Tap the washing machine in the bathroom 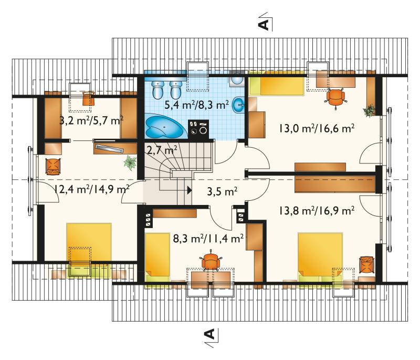point(198,129)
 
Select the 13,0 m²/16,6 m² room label point(317,128)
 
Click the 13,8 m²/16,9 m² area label point(317,211)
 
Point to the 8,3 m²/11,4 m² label point(208,238)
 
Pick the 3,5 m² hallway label point(222,192)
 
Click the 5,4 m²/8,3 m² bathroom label point(196,105)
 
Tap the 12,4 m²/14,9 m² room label point(92,189)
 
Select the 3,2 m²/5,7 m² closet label point(91,121)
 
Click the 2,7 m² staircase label point(162,150)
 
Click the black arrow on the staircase point(190,190)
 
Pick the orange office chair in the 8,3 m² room point(211,261)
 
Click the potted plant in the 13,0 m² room point(369,110)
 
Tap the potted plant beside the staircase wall point(130,163)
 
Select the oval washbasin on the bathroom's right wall point(238,105)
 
